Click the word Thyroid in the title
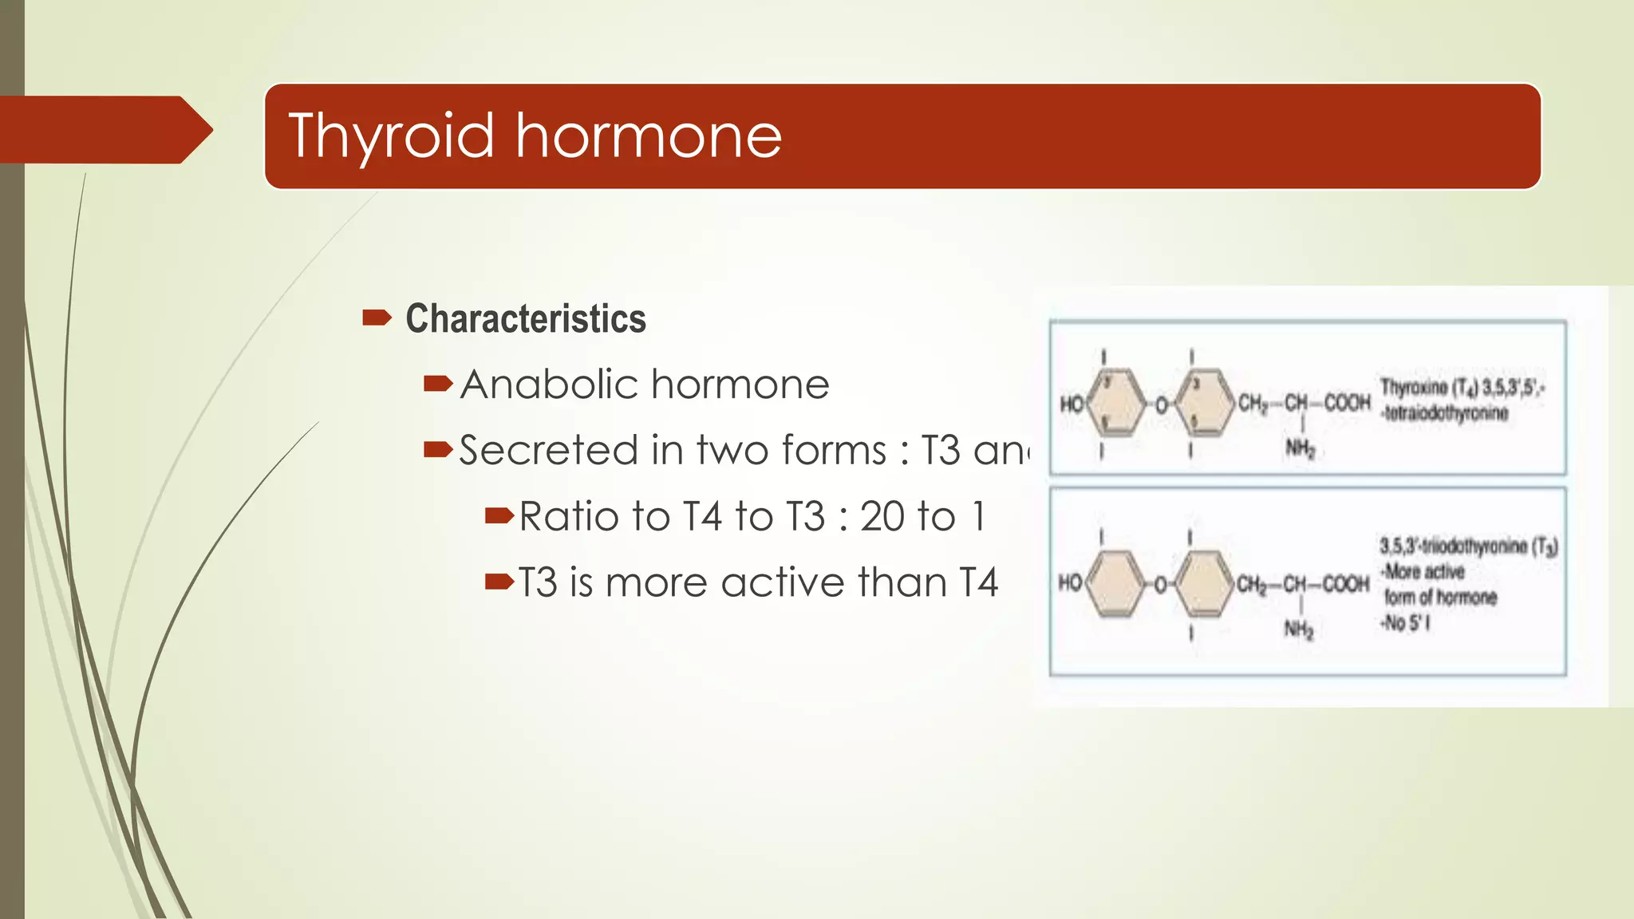click(x=391, y=136)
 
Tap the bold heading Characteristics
click(x=525, y=318)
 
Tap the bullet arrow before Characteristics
click(x=376, y=318)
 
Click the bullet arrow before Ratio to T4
click(x=499, y=516)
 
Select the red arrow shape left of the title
click(x=104, y=129)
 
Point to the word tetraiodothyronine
click(x=1446, y=413)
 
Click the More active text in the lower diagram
click(x=1424, y=572)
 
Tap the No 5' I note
click(x=1406, y=623)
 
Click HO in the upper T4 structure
click(x=1071, y=404)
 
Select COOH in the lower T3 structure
click(x=1346, y=585)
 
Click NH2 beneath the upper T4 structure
click(x=1299, y=448)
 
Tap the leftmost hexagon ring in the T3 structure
click(x=1116, y=585)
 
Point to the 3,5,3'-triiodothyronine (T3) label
click(x=1468, y=546)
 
